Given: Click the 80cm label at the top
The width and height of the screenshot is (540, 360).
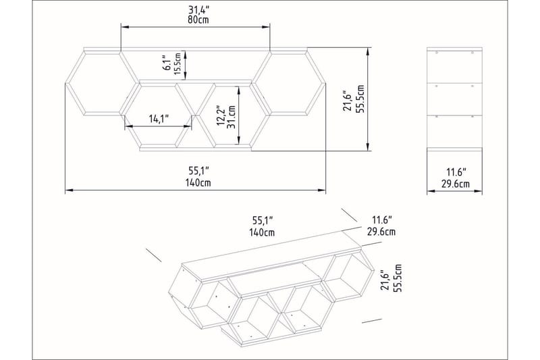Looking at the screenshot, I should pyautogui.click(x=195, y=20).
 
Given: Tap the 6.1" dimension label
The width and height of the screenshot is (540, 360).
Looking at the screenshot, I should pyautogui.click(x=166, y=64).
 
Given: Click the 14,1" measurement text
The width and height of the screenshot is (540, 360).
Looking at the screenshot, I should pyautogui.click(x=159, y=119).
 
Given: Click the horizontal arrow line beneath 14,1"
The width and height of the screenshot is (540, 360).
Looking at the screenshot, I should pyautogui.click(x=159, y=126).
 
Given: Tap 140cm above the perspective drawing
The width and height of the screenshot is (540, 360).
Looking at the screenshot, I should pyautogui.click(x=262, y=232).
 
